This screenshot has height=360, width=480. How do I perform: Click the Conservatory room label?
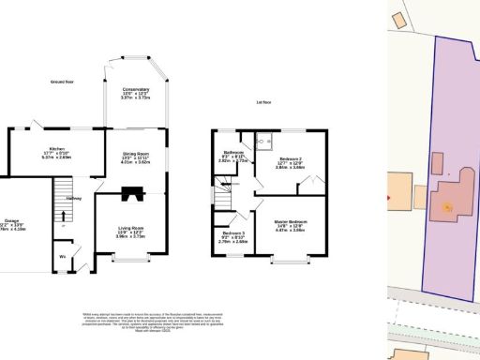(137, 92)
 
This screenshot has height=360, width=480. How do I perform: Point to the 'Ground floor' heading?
(64, 82)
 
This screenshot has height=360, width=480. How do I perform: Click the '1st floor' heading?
(263, 102)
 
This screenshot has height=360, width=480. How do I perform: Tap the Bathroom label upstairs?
(233, 156)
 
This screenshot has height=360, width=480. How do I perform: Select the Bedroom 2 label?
(290, 163)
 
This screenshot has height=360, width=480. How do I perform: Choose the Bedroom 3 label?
(232, 237)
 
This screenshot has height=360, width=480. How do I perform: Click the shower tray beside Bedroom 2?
(266, 142)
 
